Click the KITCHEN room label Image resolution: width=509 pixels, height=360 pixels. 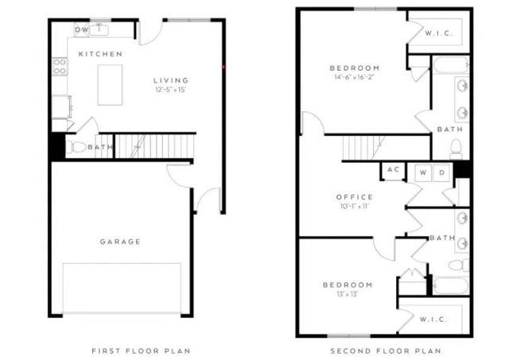(x=100, y=54)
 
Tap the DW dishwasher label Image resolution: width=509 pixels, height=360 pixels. (x=81, y=29)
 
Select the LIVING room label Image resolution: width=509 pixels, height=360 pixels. (x=171, y=80)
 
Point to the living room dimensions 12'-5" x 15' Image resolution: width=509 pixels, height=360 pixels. (x=171, y=90)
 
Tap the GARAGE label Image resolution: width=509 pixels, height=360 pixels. (x=120, y=242)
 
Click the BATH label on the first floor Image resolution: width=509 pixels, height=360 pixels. (x=99, y=147)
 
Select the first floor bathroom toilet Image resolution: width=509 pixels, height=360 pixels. (x=77, y=147)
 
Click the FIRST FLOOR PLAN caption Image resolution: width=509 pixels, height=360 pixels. (x=141, y=350)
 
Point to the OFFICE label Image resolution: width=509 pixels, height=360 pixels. (x=354, y=197)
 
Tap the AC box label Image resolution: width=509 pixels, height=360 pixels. (x=393, y=170)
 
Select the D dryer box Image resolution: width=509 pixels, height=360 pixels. (x=442, y=172)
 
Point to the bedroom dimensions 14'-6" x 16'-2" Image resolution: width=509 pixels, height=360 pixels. (x=356, y=77)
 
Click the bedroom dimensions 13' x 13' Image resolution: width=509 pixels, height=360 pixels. (x=348, y=295)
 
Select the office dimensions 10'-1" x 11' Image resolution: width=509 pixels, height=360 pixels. (x=354, y=207)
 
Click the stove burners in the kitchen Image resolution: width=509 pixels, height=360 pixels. (x=60, y=67)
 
